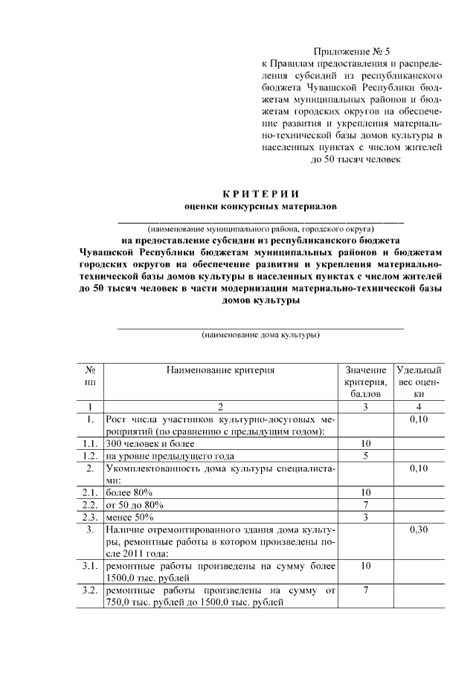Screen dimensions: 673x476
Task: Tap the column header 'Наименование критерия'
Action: click(x=220, y=370)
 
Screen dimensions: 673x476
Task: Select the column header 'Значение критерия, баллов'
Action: click(x=365, y=381)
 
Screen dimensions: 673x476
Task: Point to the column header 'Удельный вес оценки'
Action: click(x=419, y=381)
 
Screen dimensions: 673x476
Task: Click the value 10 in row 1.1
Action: click(x=365, y=443)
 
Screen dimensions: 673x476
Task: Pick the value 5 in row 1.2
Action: click(x=365, y=456)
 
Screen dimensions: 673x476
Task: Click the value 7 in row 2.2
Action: click(x=365, y=505)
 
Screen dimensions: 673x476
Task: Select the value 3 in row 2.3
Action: click(x=365, y=517)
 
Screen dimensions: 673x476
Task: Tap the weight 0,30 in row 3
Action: click(x=419, y=530)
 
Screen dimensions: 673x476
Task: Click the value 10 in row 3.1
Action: click(x=365, y=566)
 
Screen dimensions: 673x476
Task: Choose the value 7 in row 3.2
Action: click(x=365, y=590)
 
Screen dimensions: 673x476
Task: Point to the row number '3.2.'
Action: click(x=89, y=590)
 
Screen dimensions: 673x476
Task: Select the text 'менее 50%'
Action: click(x=130, y=518)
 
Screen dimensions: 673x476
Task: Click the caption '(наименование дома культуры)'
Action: click(x=261, y=335)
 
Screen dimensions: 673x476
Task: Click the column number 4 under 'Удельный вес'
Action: click(x=419, y=407)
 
